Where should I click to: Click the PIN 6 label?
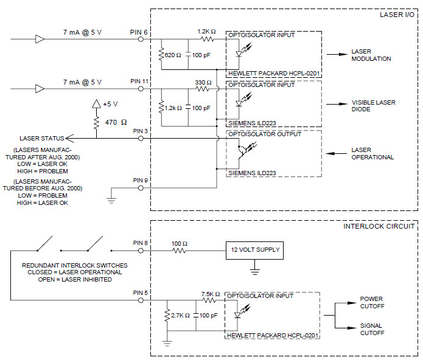(138, 32)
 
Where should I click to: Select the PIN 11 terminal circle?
(141, 89)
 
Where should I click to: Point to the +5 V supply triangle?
(95, 104)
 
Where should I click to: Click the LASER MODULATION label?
(371, 55)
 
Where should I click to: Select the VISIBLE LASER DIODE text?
(372, 106)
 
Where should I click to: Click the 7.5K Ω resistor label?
(210, 294)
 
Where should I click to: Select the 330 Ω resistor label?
(204, 82)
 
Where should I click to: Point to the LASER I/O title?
(396, 15)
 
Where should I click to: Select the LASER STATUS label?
(42, 138)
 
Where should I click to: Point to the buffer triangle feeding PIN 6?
(40, 40)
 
